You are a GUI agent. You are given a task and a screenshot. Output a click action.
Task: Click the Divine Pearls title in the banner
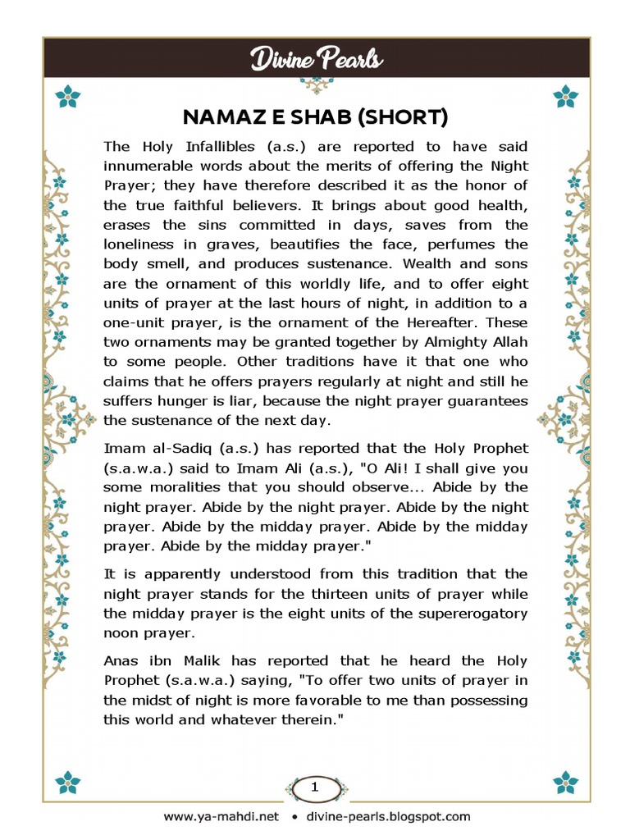click(316, 59)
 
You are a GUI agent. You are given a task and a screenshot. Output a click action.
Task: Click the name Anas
click(121, 661)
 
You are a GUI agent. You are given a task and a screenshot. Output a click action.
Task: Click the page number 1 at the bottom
click(314, 787)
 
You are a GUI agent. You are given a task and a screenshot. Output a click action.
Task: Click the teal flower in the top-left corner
click(68, 98)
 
